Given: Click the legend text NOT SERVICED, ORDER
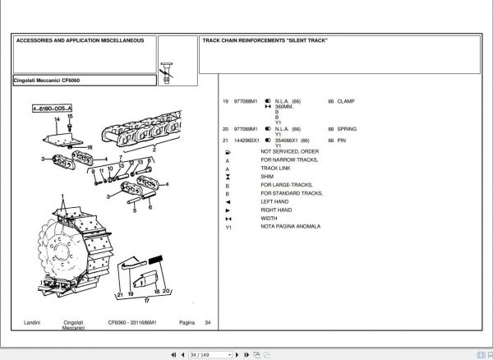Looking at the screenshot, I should tap(289, 151).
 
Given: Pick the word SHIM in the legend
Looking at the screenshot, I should tap(267, 177).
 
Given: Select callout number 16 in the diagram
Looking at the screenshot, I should tap(90, 147).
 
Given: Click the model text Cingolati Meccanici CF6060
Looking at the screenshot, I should tap(47, 81).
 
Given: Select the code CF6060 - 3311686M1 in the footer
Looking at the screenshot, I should tap(131, 322).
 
